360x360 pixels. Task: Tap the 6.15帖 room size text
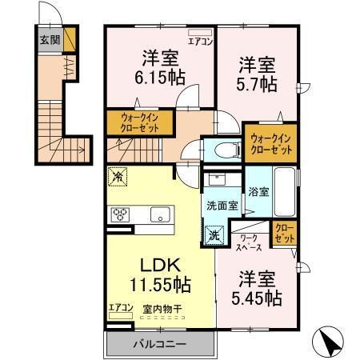coord(160,78)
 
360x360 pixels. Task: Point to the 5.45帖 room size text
coord(258,298)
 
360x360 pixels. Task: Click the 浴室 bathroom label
coord(258,191)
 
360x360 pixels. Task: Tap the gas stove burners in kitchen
coord(121,214)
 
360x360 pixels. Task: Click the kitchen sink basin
coord(160,214)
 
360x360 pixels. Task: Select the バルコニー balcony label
coord(159,345)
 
